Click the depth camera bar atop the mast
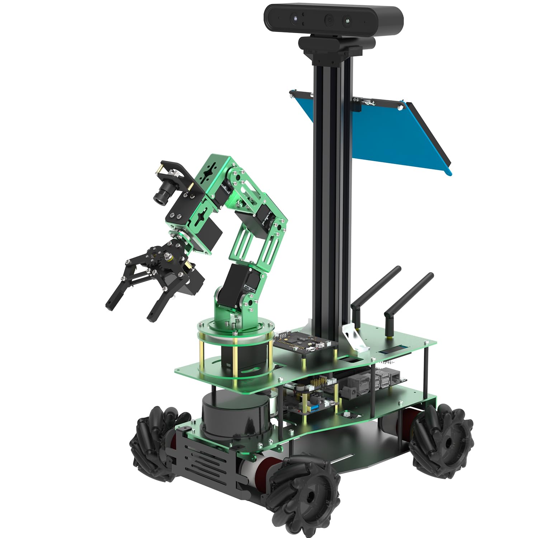click(334, 20)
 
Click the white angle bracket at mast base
click(353, 335)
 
